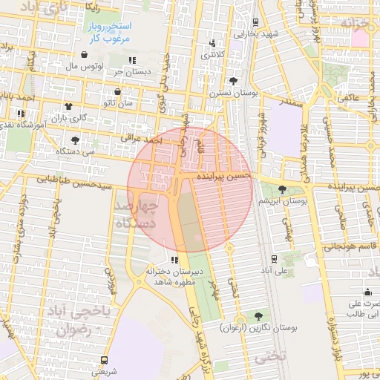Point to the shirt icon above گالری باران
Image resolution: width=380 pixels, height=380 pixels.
click(69, 107)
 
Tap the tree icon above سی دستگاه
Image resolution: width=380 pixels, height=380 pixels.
click(75, 140)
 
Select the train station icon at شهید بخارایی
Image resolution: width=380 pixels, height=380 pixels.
click(255, 22)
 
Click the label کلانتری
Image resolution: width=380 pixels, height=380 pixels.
click(215, 55)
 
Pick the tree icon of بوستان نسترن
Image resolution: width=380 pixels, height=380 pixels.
click(235, 81)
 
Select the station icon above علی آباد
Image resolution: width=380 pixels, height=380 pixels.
click(275, 258)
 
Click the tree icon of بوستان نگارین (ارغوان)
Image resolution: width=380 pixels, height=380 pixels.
click(258, 316)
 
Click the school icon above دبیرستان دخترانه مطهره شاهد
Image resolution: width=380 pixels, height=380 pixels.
click(174, 260)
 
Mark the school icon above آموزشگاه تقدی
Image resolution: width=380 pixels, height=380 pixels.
click(20, 114)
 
